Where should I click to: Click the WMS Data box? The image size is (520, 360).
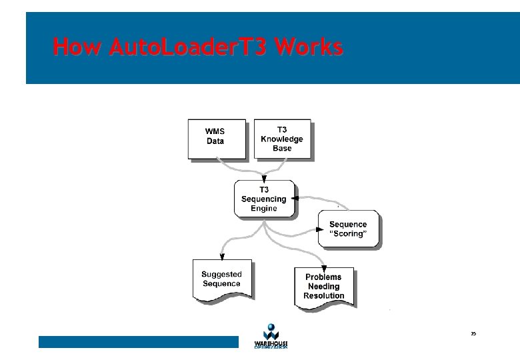click(217, 139)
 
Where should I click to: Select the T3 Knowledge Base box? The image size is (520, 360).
click(282, 139)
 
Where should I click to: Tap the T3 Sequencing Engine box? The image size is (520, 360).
click(264, 199)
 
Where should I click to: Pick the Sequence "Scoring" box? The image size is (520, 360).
click(348, 229)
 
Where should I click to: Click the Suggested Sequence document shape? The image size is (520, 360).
click(221, 279)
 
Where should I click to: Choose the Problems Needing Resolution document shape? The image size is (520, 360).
click(324, 287)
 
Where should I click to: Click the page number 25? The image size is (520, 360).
click(473, 333)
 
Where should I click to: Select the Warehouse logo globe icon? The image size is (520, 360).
click(270, 331)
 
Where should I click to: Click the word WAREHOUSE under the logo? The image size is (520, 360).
click(271, 343)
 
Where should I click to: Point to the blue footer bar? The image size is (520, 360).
click(138, 342)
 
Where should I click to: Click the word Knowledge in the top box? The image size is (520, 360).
click(282, 139)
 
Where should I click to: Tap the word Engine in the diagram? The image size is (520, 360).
click(264, 208)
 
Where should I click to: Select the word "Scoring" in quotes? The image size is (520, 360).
click(349, 234)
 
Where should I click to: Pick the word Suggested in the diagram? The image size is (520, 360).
click(221, 274)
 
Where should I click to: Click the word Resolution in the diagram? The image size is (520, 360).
click(324, 296)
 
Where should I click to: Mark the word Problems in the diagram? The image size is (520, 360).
click(323, 277)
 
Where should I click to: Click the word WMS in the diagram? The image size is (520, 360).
click(215, 131)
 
